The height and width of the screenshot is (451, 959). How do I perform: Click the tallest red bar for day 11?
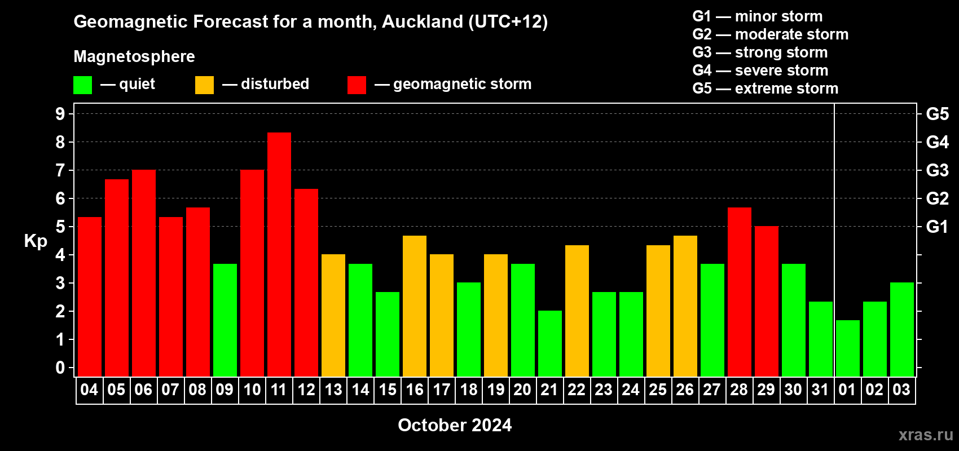tap(279, 255)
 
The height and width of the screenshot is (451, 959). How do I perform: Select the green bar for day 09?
tap(225, 320)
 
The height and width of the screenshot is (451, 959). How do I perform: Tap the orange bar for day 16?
tap(415, 306)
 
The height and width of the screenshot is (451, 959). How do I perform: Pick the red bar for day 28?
tap(740, 292)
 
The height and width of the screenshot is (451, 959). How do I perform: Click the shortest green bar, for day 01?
tap(848, 348)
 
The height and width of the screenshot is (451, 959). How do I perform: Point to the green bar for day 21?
tap(549, 343)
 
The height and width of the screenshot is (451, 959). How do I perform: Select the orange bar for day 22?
tap(577, 311)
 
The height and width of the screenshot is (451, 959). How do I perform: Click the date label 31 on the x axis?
tap(820, 390)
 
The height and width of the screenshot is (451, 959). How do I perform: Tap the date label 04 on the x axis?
tap(89, 390)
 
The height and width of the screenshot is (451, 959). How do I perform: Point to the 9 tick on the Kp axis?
tap(60, 114)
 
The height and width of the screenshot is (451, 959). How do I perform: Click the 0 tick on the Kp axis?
tap(60, 368)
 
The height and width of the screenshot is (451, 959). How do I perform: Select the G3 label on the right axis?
tap(937, 170)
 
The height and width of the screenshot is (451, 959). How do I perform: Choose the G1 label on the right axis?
tap(937, 227)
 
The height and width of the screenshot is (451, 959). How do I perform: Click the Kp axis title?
tap(36, 241)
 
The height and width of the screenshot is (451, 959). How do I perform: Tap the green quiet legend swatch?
tap(82, 85)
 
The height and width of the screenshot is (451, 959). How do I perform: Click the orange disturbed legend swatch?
tap(204, 85)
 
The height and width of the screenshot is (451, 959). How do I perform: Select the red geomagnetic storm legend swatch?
tap(357, 85)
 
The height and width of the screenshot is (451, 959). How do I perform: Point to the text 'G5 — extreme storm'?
tap(765, 89)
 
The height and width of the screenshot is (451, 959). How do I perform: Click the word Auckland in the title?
tap(423, 21)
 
